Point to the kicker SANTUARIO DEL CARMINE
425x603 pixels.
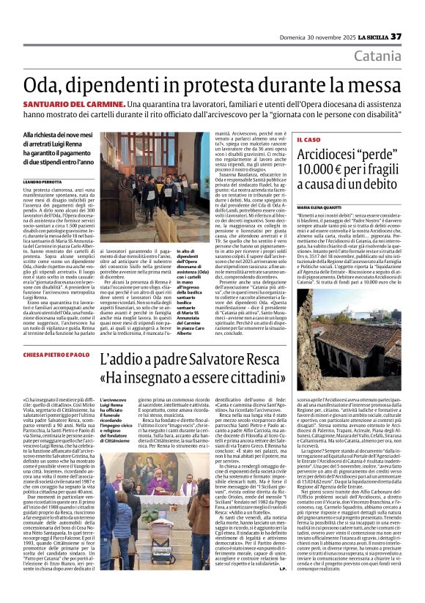(64, 106)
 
